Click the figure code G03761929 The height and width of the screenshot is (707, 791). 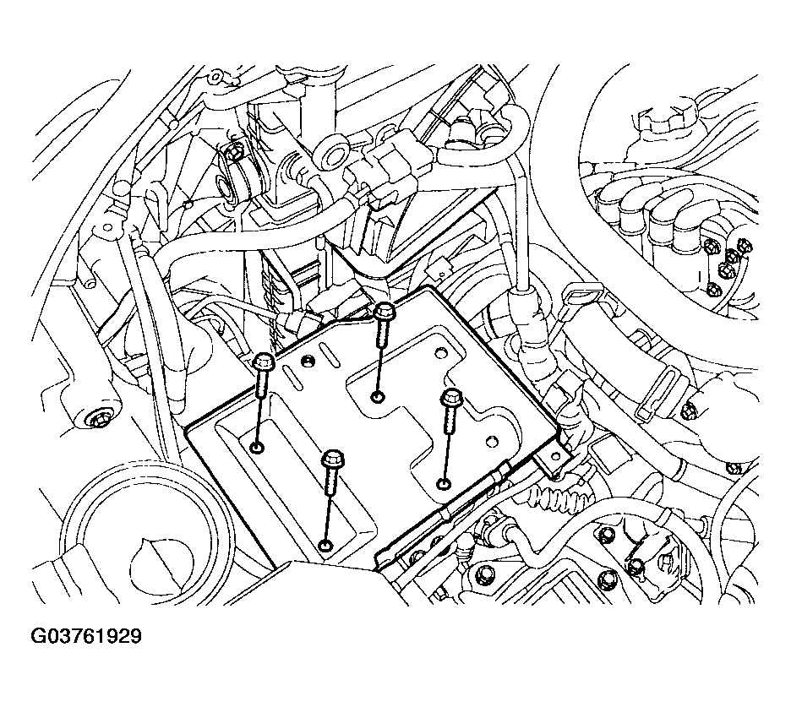pos(85,636)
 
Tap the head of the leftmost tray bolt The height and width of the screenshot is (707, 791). pos(262,362)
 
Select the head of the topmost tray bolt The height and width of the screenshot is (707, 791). pos(384,310)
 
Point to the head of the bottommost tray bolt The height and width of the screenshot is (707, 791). pos(332,459)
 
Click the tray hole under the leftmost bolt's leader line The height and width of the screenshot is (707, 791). pos(257,448)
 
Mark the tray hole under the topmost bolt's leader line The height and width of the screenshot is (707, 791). pos(376,397)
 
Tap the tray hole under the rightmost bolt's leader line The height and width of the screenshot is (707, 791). pos(444,484)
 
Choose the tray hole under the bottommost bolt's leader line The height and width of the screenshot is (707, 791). pos(326,546)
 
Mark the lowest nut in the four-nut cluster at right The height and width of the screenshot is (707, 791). pos(712,291)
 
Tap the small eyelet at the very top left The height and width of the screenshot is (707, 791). pos(215,77)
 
